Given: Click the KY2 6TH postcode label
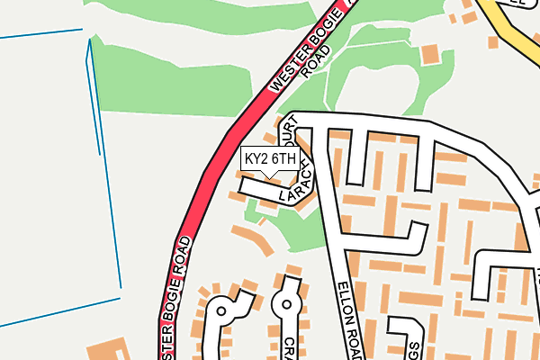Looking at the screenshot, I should (269, 158).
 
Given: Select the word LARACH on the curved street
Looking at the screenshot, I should (298, 187).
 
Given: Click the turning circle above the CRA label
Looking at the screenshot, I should (287, 304).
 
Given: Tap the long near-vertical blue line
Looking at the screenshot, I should (104, 171).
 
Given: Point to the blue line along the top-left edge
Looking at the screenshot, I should (40, 34).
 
